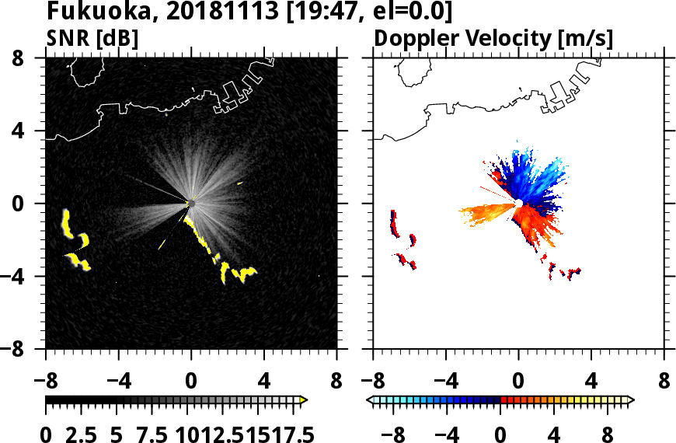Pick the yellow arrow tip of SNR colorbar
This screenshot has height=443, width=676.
pos(304,399)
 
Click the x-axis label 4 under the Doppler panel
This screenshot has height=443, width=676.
pos(592,382)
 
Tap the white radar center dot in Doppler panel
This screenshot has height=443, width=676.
pos(517,203)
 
